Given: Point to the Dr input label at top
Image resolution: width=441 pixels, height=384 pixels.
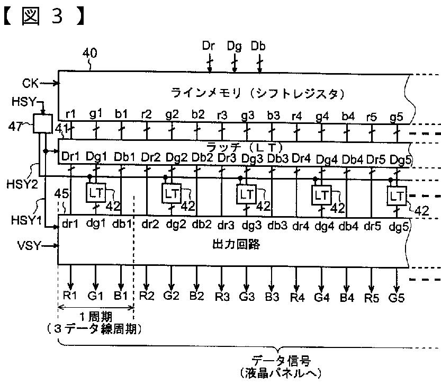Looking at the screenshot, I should (209, 46).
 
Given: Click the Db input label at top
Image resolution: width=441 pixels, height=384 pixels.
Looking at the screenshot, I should (258, 46).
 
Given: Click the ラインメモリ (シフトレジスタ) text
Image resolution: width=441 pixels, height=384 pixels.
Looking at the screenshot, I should (257, 93).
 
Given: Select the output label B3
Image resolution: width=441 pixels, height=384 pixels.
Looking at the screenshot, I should (272, 297).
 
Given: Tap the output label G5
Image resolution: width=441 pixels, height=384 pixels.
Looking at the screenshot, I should (396, 297).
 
